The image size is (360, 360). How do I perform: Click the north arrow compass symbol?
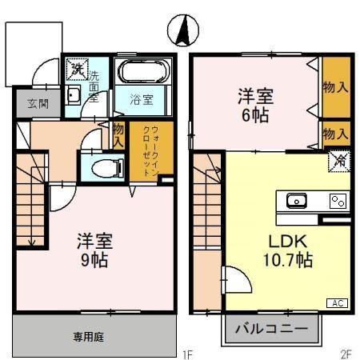point(182,31)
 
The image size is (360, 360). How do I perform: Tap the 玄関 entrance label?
point(38,103)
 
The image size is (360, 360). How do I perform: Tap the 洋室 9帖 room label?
point(94,250)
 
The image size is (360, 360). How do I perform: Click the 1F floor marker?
point(186,353)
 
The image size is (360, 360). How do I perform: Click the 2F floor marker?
point(345,353)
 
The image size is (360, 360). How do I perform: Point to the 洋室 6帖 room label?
point(256,104)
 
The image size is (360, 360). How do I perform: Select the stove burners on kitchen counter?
point(338,201)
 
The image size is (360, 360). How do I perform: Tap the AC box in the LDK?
point(337,302)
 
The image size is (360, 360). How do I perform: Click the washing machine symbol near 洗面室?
point(75,69)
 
